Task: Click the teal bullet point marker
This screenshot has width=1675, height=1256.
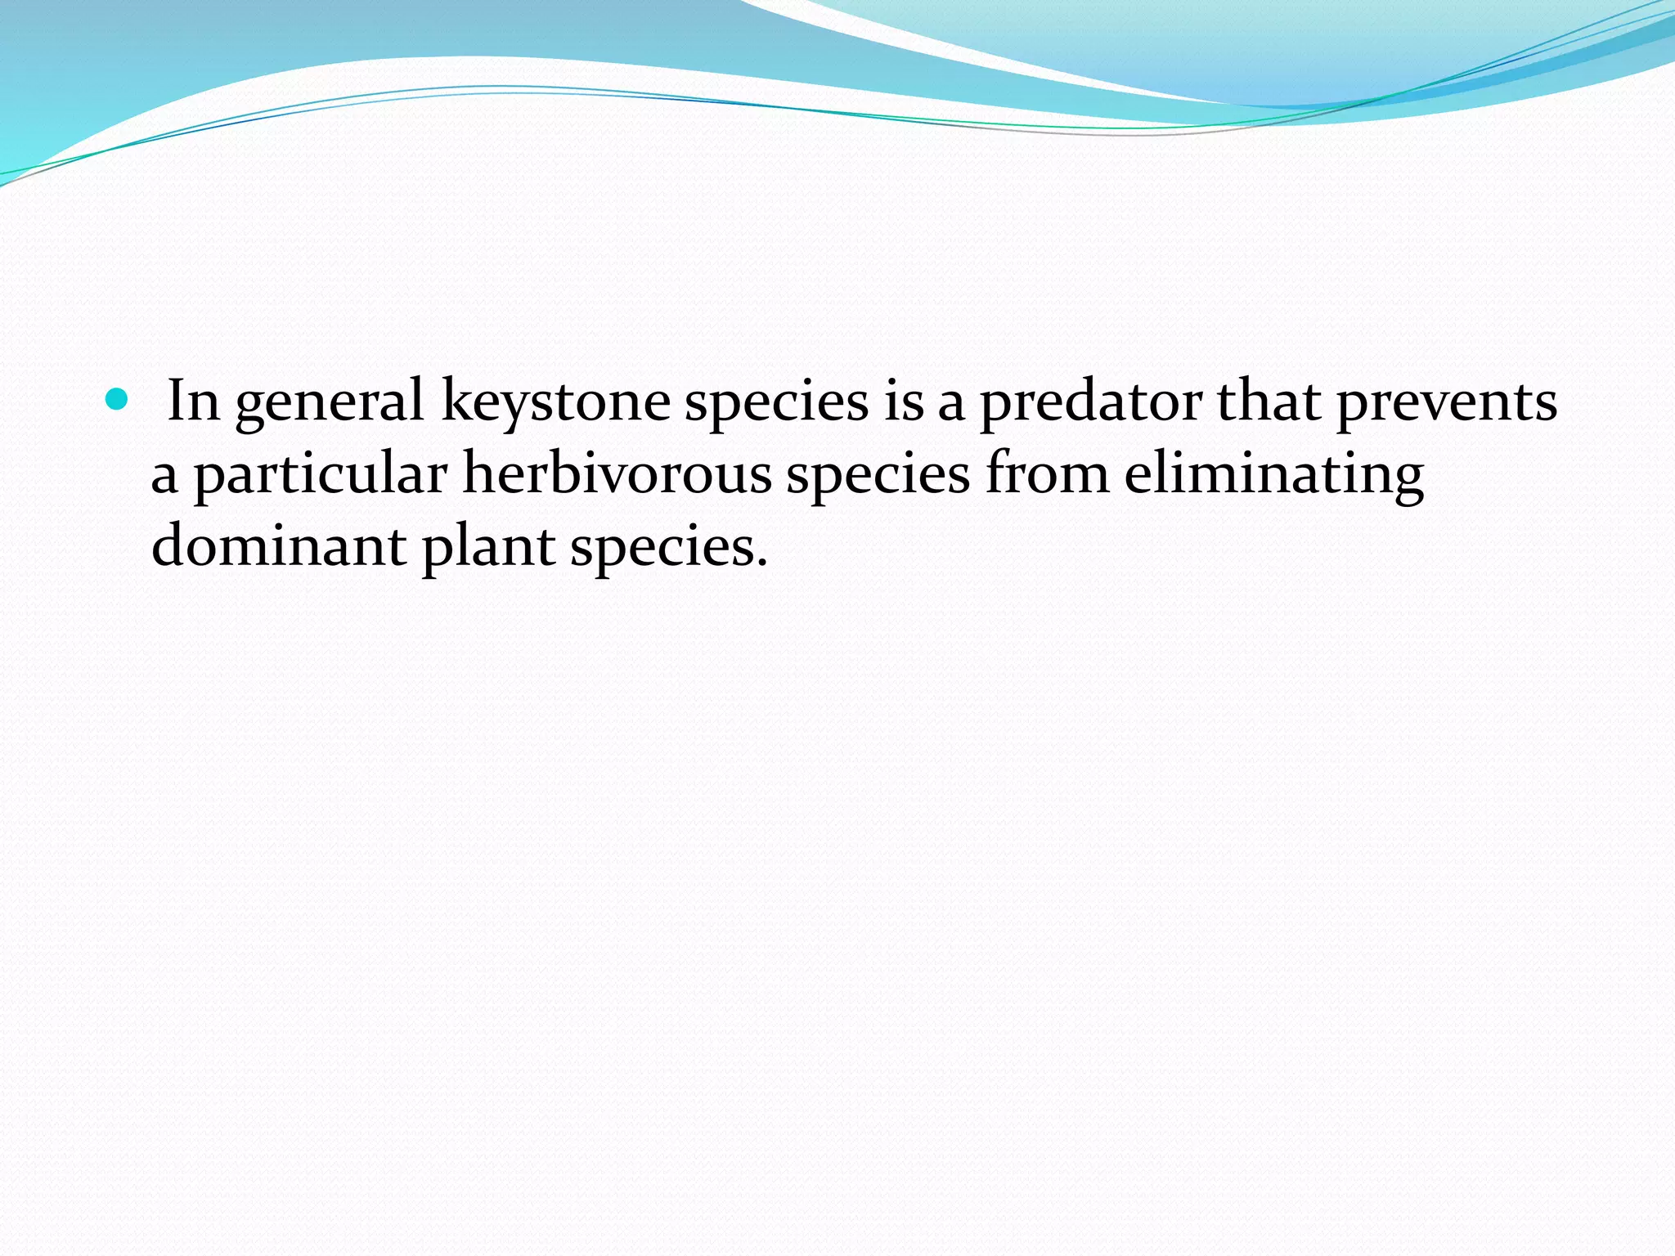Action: (x=118, y=400)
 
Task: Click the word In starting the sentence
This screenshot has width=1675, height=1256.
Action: (x=193, y=401)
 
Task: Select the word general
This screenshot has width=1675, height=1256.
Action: (x=330, y=403)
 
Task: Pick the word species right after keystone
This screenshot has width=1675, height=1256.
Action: (x=776, y=403)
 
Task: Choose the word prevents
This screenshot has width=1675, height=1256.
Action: (x=1447, y=403)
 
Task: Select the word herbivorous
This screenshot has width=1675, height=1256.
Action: (x=617, y=474)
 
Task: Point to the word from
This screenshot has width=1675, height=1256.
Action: (x=1047, y=474)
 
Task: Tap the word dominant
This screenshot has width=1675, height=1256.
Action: (x=278, y=546)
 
